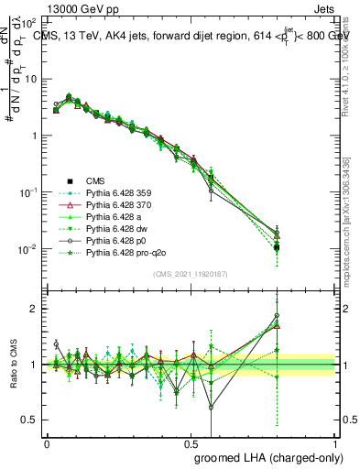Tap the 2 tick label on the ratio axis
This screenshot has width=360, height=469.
coord(34,309)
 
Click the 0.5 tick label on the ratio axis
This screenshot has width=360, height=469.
coord(29,420)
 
